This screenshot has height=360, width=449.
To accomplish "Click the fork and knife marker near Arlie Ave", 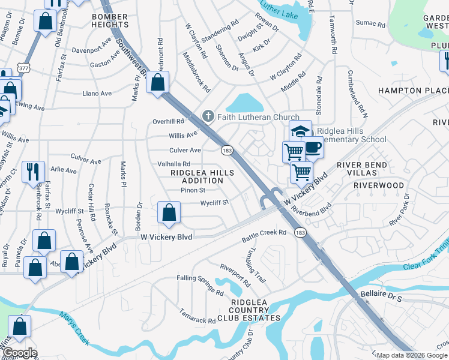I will [x=33, y=171].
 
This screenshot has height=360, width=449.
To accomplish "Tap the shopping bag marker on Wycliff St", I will [x=169, y=212].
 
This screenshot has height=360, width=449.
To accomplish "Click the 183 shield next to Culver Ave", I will [x=226, y=149].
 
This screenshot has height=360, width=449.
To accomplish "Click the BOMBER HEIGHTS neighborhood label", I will [x=110, y=19].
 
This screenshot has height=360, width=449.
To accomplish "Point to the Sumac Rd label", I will [x=371, y=23].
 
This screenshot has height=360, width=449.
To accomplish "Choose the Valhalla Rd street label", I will [x=173, y=164].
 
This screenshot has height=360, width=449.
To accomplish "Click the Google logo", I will [x=19, y=353].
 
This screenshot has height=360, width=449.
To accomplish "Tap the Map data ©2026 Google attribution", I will [x=412, y=355].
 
